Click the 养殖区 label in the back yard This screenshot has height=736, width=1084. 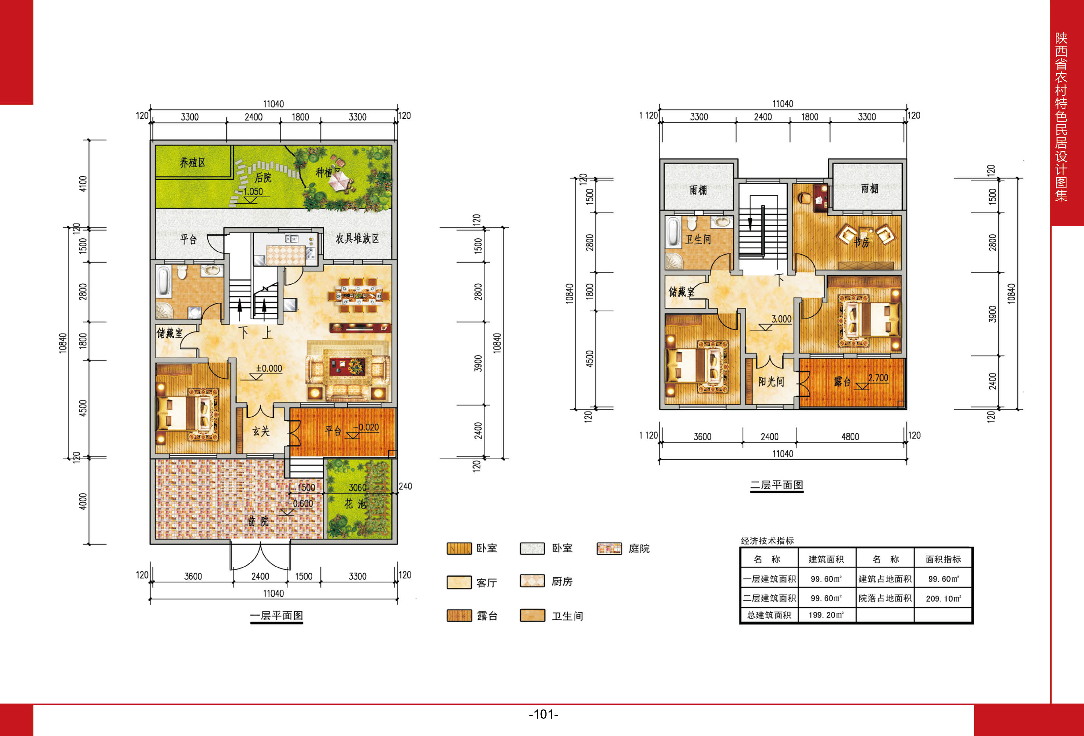point(193,162)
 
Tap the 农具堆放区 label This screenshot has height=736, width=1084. point(357,238)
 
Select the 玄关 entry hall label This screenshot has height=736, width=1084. point(261,431)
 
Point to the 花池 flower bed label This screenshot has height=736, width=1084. point(356,504)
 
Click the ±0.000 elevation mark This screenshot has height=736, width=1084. point(269,368)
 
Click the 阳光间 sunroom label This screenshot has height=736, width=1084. point(771,381)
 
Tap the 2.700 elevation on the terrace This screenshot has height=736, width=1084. point(878,378)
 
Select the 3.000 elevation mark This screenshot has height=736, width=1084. point(781,319)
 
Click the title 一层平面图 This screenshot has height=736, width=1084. point(277,616)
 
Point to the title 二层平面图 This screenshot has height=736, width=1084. point(777,485)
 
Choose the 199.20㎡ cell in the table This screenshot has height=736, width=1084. point(826,615)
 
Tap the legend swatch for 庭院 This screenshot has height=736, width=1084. point(609,548)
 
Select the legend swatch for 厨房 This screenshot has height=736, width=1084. point(532,581)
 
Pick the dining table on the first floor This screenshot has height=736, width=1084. point(358,295)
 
